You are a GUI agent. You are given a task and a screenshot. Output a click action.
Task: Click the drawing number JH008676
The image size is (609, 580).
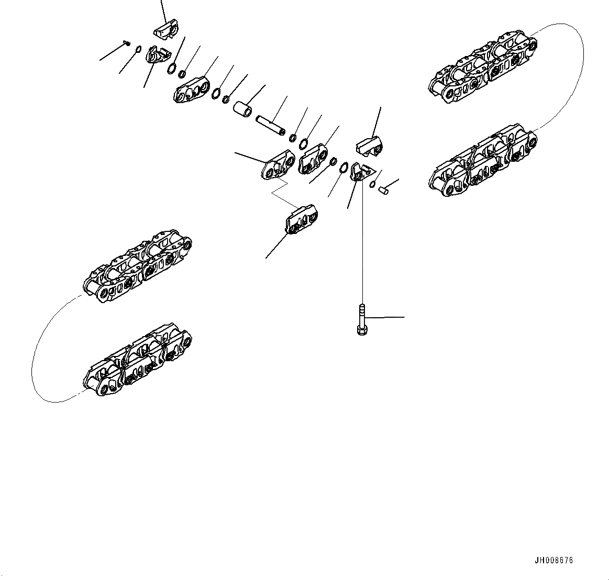click(553, 560)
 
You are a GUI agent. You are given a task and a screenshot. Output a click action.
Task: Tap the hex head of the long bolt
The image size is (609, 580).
click(361, 330)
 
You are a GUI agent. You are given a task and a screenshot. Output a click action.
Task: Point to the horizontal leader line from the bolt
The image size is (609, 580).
click(385, 317)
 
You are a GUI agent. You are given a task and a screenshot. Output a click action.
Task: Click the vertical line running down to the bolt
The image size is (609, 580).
click(362, 241)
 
